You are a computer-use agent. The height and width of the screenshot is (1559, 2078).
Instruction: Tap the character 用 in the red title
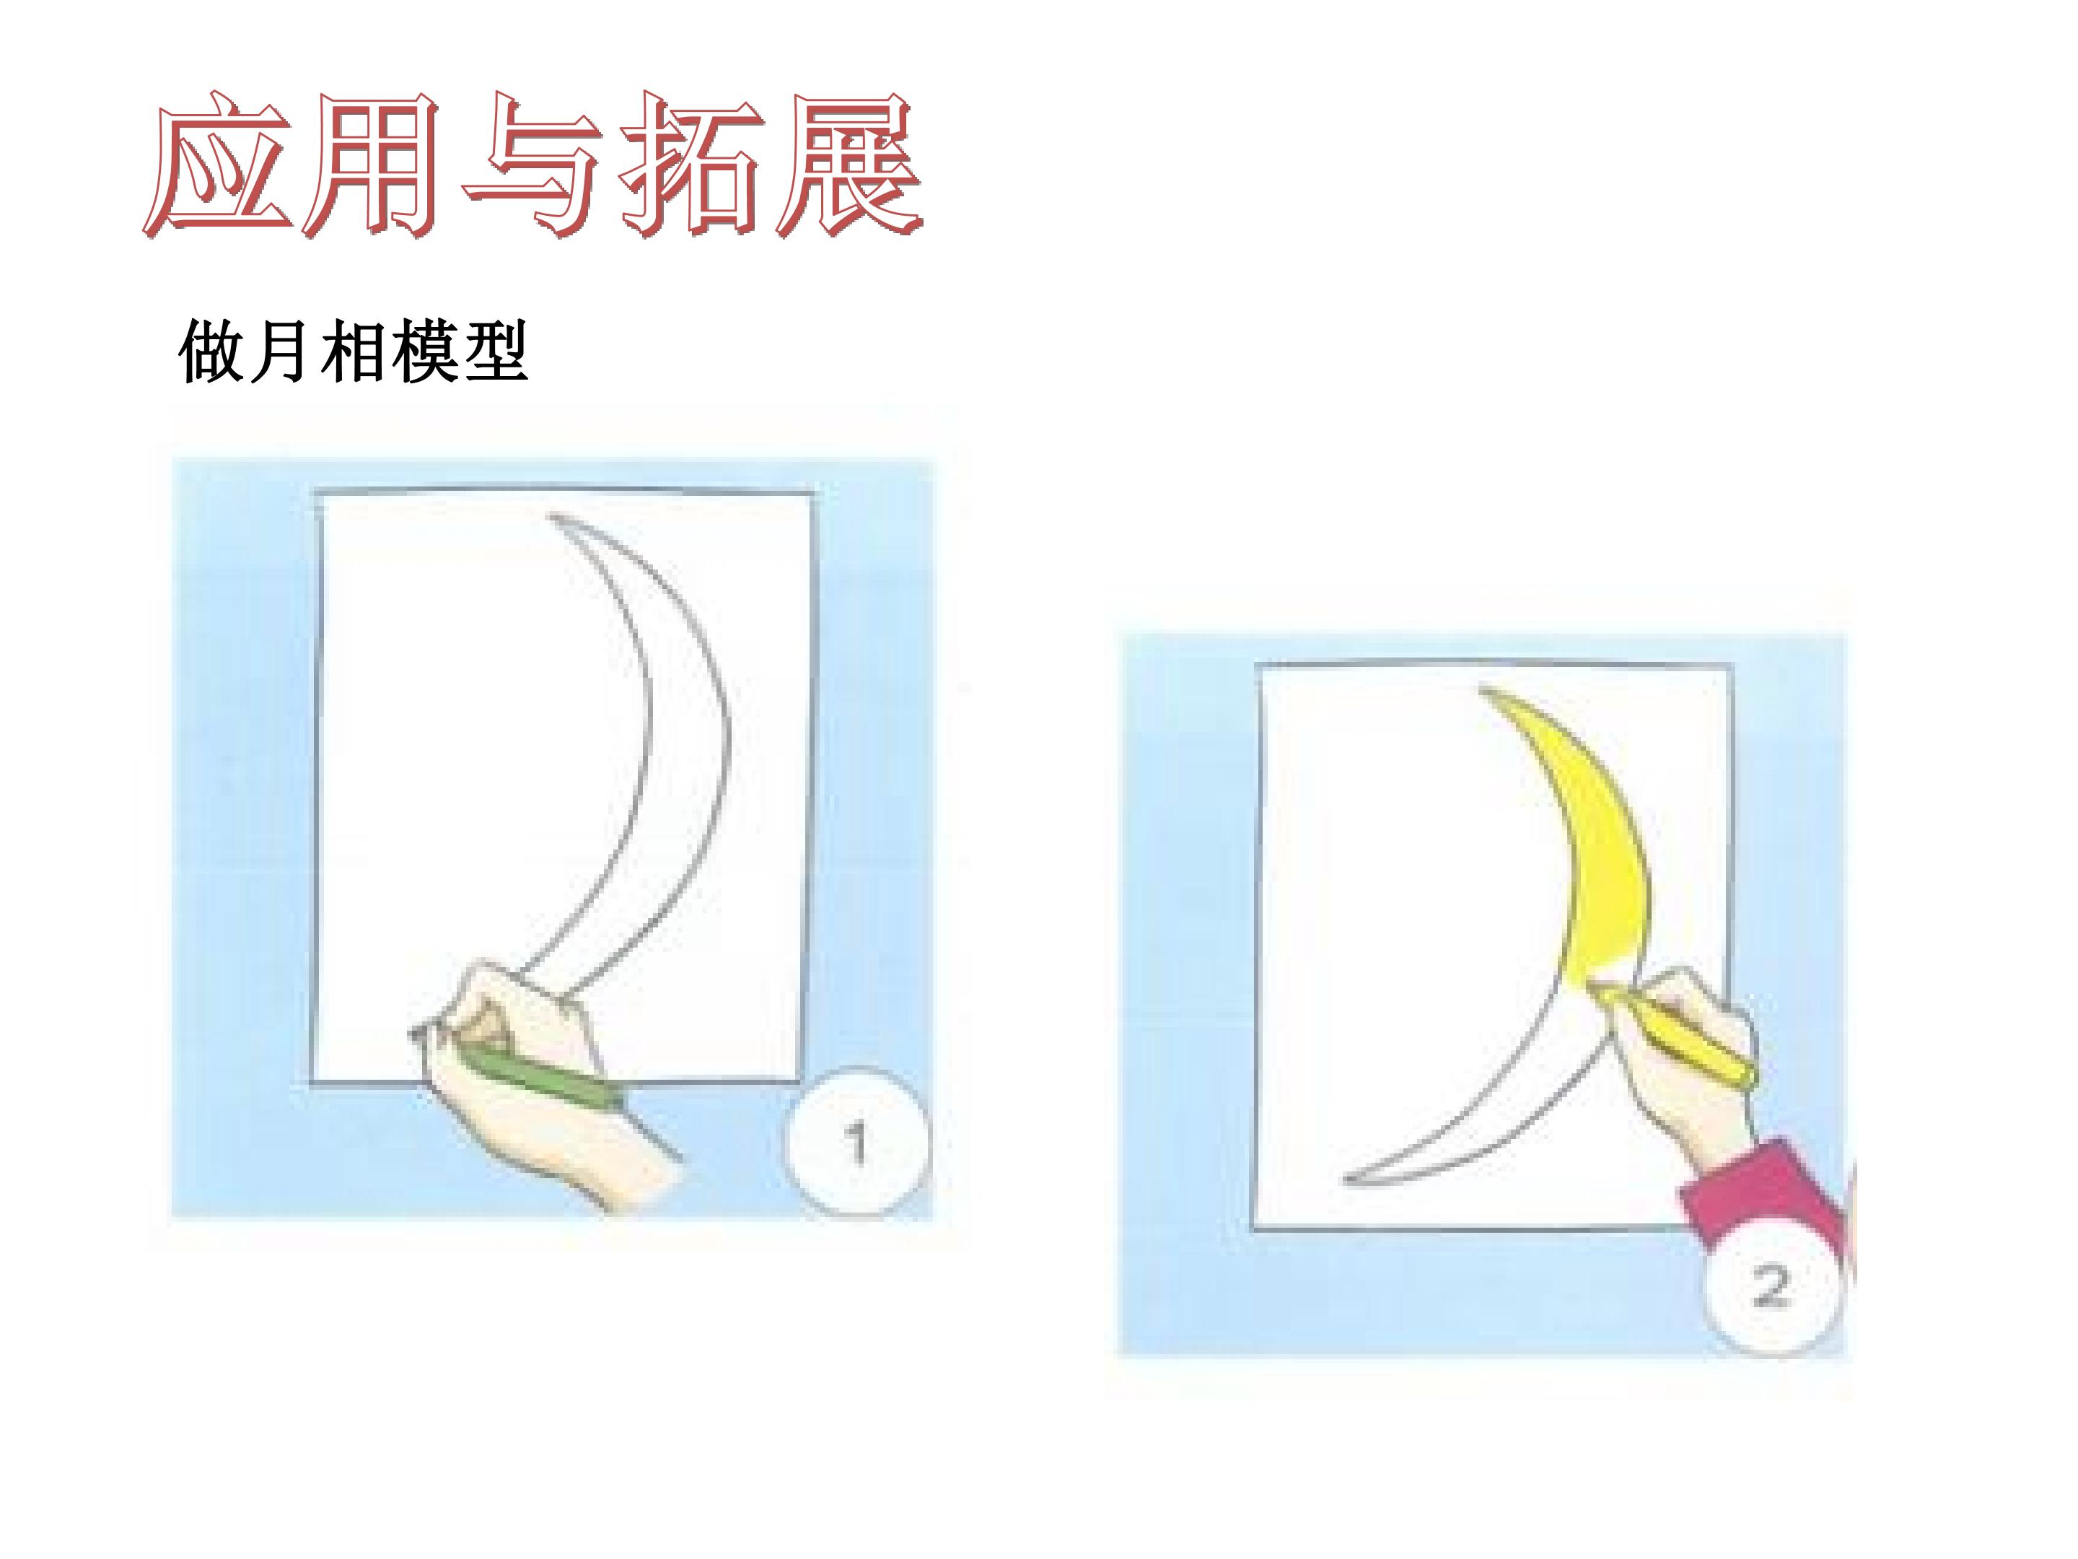374,165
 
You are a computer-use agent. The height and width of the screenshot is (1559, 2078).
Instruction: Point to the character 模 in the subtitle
424,351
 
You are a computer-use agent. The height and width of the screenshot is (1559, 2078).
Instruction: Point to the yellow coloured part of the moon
1597,846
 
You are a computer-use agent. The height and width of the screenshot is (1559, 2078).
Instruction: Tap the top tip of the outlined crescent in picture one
551,515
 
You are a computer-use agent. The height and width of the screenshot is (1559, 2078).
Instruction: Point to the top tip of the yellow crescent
1483,691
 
